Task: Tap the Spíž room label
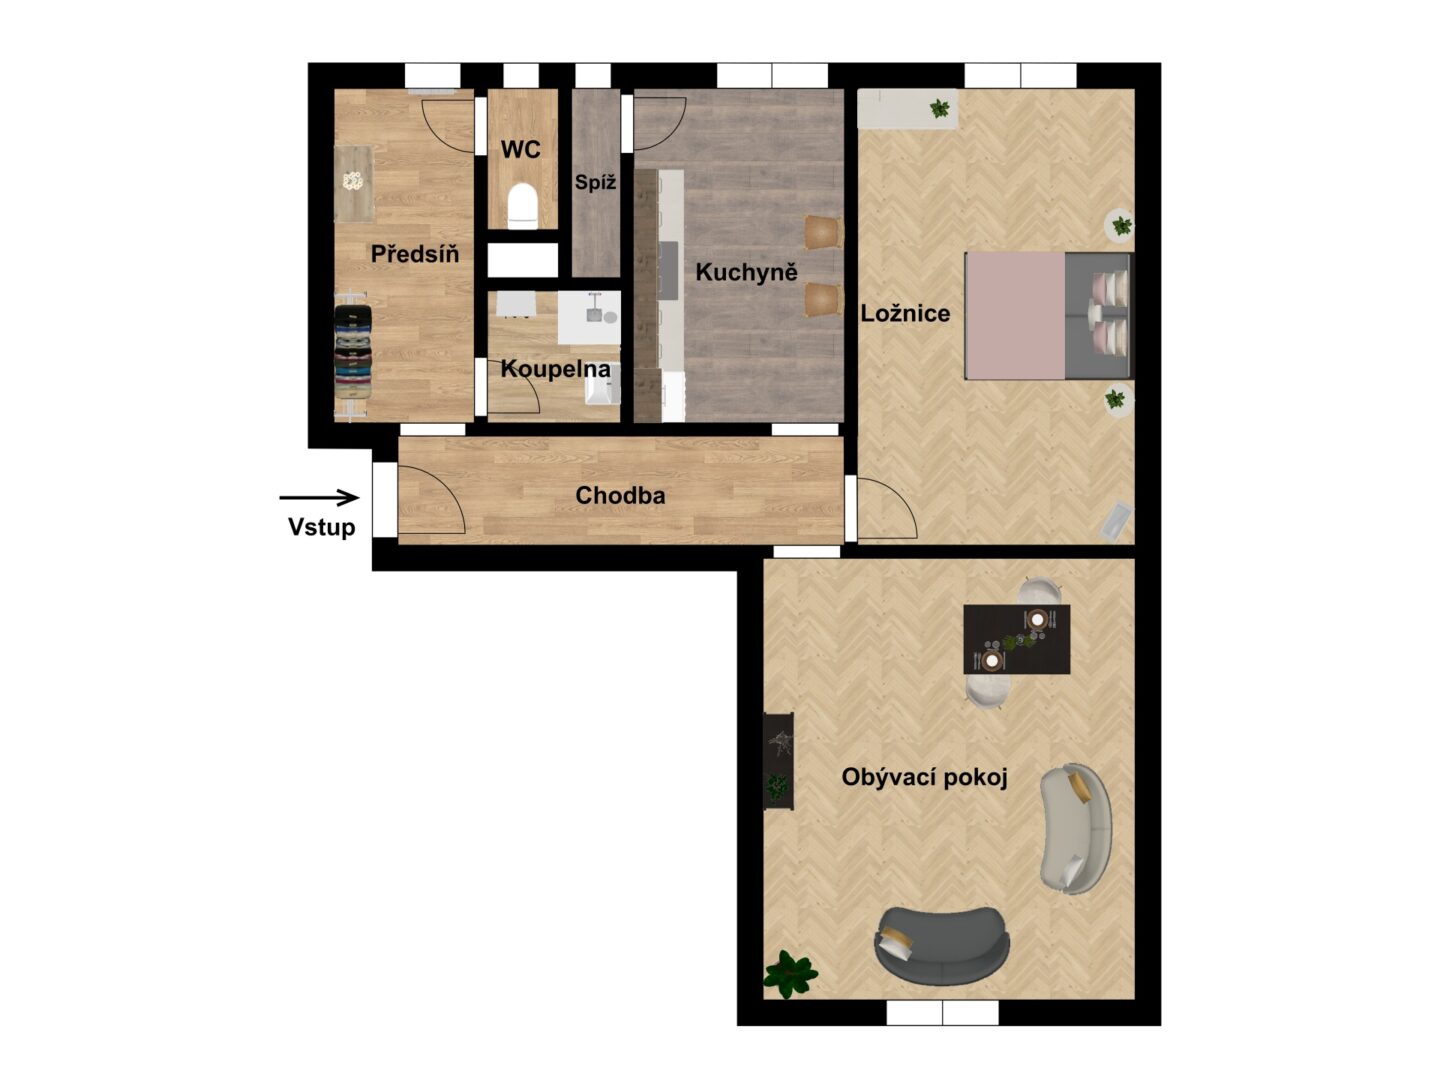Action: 595,182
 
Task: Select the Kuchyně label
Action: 746,271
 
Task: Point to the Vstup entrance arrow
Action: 319,498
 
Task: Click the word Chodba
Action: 620,495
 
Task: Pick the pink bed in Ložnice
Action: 1048,315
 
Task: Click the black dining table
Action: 1016,639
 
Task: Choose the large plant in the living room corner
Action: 790,974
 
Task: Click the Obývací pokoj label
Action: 924,777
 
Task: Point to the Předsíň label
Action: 415,254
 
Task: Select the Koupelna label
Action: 556,369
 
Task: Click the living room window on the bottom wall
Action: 942,1012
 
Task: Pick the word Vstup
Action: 321,527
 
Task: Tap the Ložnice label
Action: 905,313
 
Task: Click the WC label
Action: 521,150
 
